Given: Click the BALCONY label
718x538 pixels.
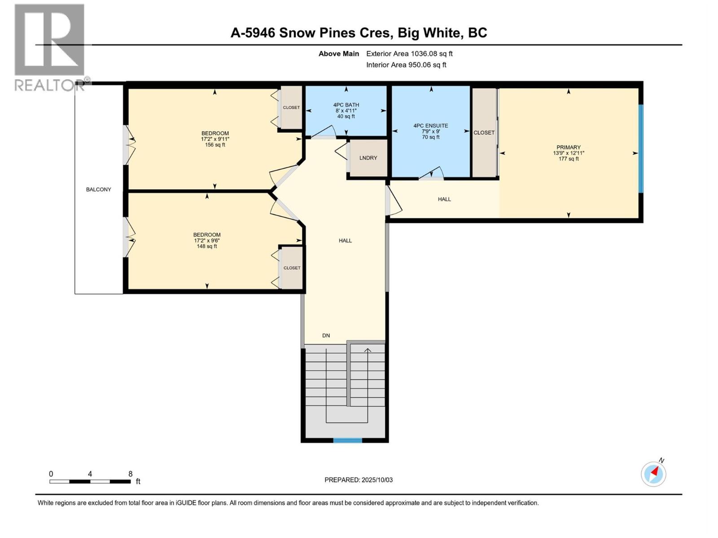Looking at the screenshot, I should click(98, 190).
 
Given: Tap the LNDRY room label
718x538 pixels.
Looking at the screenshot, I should click(368, 158).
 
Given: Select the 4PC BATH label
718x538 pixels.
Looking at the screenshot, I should click(346, 105).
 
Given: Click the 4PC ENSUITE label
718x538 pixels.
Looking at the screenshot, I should click(430, 126).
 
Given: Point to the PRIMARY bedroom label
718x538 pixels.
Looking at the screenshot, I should click(568, 148).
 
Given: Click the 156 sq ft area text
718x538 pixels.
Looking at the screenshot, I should click(215, 145).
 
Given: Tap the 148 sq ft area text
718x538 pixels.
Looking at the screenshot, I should click(207, 246).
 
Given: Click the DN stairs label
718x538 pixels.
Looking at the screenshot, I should click(326, 335).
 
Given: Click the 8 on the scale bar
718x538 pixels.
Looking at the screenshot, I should click(130, 474).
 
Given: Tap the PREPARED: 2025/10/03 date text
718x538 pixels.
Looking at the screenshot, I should click(359, 480).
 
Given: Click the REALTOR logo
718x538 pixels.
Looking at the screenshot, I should click(50, 47).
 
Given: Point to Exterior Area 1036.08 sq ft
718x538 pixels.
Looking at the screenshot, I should click(409, 54).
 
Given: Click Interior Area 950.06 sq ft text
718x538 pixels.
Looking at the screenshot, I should click(406, 65).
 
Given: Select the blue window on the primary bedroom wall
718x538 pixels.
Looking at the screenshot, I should click(641, 148).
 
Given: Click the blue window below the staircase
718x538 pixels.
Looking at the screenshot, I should click(347, 440).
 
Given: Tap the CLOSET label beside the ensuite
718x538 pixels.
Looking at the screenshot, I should click(484, 133).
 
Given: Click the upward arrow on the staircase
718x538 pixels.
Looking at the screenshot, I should click(368, 351).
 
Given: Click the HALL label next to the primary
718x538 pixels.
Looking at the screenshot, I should click(444, 199).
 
